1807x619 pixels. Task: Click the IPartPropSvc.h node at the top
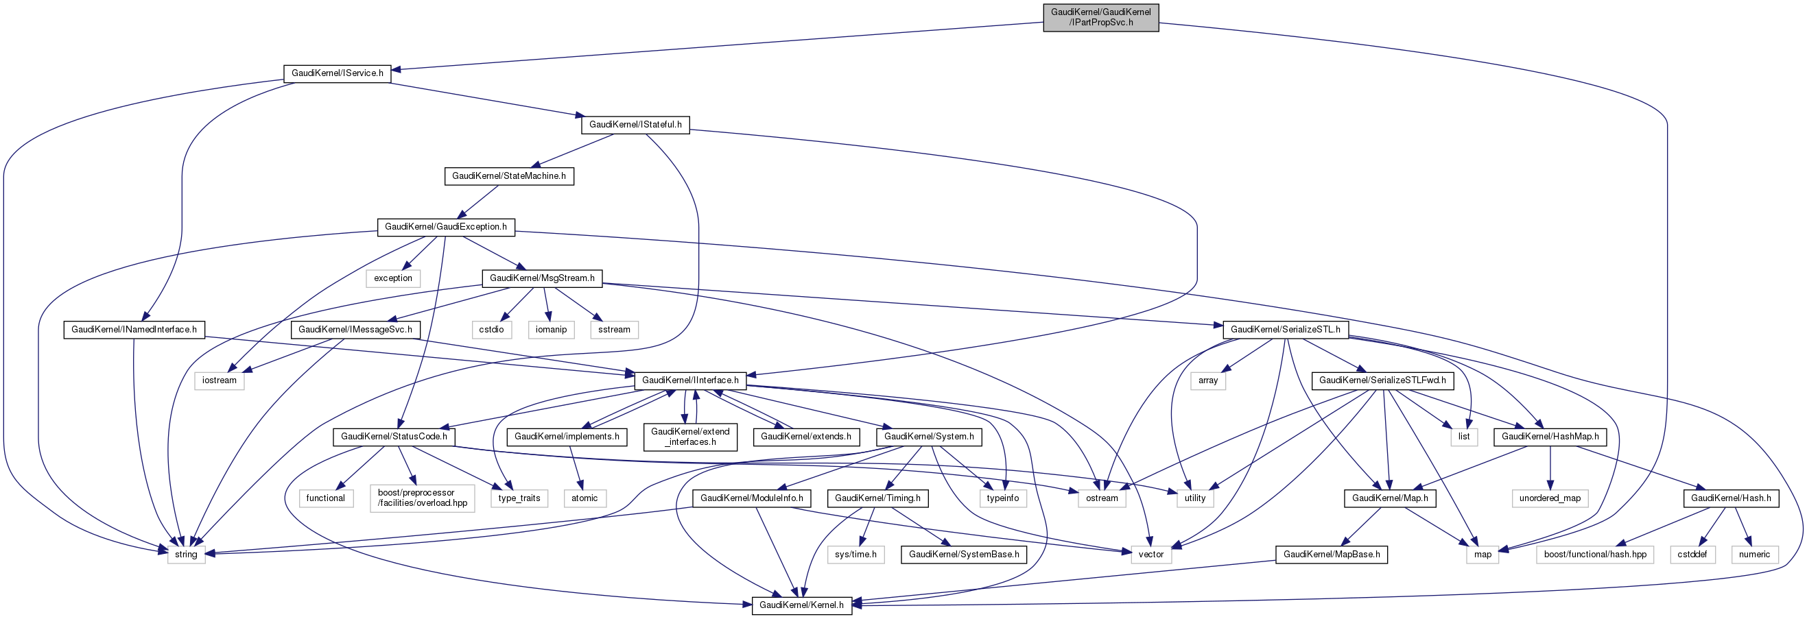1100,17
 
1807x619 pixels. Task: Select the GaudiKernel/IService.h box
337,73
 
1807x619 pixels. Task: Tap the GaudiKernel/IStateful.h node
635,124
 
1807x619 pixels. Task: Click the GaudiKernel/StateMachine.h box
508,175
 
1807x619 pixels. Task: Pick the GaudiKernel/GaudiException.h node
445,226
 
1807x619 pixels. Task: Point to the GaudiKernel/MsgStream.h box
541,278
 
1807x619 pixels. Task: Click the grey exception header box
393,278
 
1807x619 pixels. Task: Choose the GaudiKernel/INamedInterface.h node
133,329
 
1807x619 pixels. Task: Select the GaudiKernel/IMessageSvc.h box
355,329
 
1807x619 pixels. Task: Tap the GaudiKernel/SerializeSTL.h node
1285,329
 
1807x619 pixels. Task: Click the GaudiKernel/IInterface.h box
690,380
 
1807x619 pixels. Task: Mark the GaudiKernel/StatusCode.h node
394,436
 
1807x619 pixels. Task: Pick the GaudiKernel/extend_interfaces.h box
690,436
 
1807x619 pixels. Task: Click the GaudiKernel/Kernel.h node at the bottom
801,605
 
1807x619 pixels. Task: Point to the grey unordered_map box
1550,498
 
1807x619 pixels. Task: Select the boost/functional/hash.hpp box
1594,554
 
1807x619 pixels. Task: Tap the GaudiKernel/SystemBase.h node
964,554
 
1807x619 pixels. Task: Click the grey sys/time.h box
855,554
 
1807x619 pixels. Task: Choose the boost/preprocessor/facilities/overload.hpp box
423,498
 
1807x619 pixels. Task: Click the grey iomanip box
551,329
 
